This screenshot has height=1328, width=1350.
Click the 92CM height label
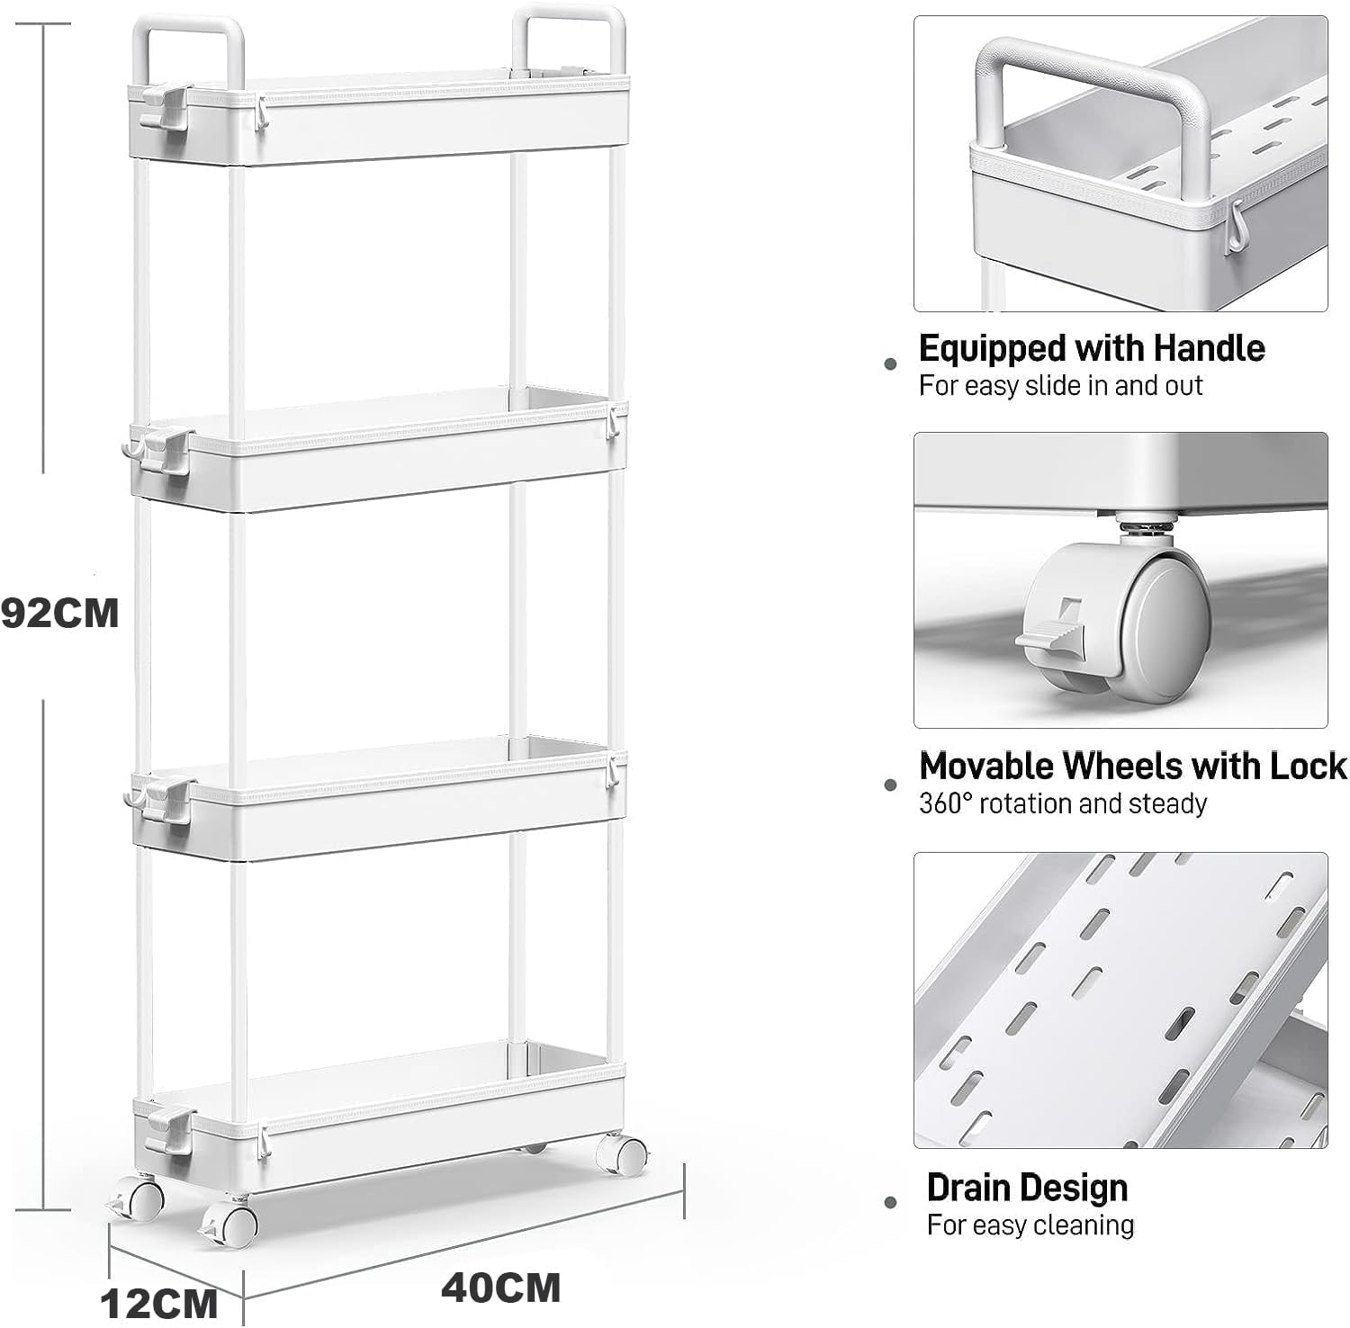coord(59,614)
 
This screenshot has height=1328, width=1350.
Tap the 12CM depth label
coord(159,1302)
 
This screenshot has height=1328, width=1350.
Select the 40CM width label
coord(500,1288)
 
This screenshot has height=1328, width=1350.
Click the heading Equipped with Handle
coord(1092,348)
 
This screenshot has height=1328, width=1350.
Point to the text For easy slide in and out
coord(1060,386)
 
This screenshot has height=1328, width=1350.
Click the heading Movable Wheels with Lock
coord(1133,766)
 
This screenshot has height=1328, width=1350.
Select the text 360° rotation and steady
coord(1062,803)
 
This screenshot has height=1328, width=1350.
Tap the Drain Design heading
coord(1027,1188)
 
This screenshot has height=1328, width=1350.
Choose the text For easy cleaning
coord(1030,1225)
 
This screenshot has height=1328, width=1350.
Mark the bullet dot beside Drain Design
coord(891,1201)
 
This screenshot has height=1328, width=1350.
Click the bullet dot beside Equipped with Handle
coord(891,363)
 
